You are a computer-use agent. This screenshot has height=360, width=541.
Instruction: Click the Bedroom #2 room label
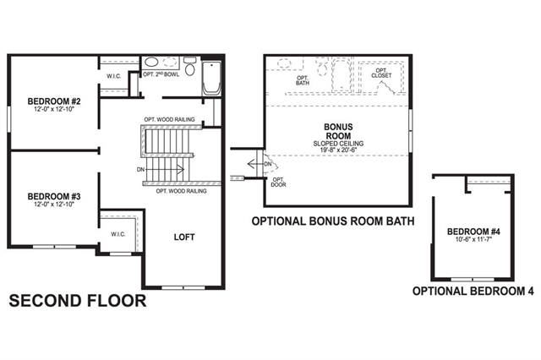tap(54, 101)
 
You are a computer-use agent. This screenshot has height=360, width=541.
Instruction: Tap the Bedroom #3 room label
tap(54, 197)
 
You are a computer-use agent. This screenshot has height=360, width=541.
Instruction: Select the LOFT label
tap(184, 237)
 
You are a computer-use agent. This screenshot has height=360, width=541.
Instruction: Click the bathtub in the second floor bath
tap(211, 78)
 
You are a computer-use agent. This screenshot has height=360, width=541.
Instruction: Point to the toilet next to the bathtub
tap(189, 66)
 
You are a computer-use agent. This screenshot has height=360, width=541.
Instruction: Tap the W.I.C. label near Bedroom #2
tap(114, 76)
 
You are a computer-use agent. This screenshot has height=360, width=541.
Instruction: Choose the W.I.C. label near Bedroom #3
tap(118, 234)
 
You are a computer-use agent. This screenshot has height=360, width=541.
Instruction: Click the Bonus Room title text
tap(338, 131)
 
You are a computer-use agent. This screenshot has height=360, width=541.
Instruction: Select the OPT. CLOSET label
tap(381, 74)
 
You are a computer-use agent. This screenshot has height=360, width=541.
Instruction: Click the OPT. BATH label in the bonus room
tap(303, 80)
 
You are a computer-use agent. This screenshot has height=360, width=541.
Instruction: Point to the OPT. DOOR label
tap(278, 183)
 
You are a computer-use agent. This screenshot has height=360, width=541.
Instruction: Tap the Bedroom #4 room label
tap(473, 232)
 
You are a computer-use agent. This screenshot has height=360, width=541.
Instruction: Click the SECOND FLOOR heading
tap(78, 301)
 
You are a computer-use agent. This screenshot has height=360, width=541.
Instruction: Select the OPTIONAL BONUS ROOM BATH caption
tap(333, 221)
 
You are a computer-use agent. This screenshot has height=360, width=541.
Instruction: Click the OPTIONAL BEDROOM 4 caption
tap(473, 291)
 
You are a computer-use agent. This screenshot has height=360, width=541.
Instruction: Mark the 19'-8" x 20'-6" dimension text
tap(338, 150)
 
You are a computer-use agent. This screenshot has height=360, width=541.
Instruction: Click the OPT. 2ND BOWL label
tap(161, 74)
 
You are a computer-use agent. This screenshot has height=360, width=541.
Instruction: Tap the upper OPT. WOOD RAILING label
tap(169, 120)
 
